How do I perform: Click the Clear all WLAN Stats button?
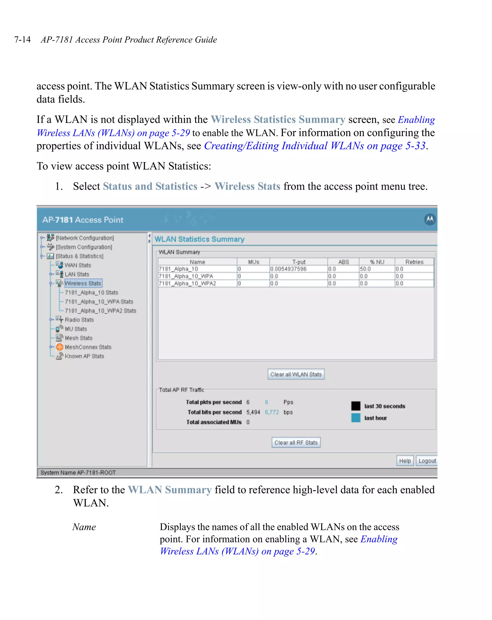tap(296, 374)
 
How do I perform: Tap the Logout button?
tap(427, 461)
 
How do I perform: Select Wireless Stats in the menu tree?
tap(83, 283)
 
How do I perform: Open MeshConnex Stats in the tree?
tap(88, 347)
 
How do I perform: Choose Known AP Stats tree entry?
tap(84, 356)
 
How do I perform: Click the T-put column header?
tap(299, 262)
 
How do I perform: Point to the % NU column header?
tap(377, 262)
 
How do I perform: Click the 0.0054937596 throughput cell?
tap(288, 269)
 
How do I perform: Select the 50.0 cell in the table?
tap(365, 269)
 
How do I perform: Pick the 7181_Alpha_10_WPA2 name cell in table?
tap(187, 283)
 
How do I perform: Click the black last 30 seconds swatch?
tap(356, 406)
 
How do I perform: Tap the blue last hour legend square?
tap(356, 418)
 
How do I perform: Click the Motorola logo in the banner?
tap(430, 220)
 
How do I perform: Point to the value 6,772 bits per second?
tap(271, 412)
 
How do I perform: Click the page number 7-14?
tap(22, 39)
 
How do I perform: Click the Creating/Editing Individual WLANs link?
tap(314, 146)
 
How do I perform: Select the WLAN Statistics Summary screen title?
tap(199, 239)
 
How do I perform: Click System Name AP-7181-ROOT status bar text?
tap(78, 472)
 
